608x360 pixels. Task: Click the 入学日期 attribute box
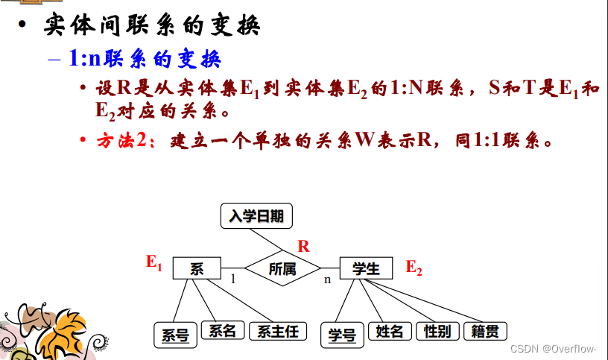pyautogui.click(x=256, y=216)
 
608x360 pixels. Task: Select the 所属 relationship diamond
pyautogui.click(x=282, y=268)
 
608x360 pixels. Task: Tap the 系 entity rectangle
pyautogui.click(x=197, y=268)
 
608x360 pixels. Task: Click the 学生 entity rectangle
pyautogui.click(x=366, y=268)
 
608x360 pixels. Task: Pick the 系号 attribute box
pyautogui.click(x=175, y=334)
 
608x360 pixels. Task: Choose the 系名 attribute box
pyautogui.click(x=222, y=330)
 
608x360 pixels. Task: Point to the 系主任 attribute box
pyautogui.click(x=277, y=331)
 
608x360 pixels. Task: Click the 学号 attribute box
pyautogui.click(x=342, y=334)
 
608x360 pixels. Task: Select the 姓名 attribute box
pyautogui.click(x=390, y=331)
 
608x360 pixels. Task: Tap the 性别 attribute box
pyautogui.click(x=437, y=331)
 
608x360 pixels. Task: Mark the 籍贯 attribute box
pyautogui.click(x=484, y=331)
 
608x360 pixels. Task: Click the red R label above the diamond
pyautogui.click(x=303, y=246)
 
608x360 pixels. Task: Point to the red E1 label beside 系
pyautogui.click(x=153, y=262)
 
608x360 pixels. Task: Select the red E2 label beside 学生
pyautogui.click(x=414, y=268)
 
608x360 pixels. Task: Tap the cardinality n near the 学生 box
pyautogui.click(x=326, y=280)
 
